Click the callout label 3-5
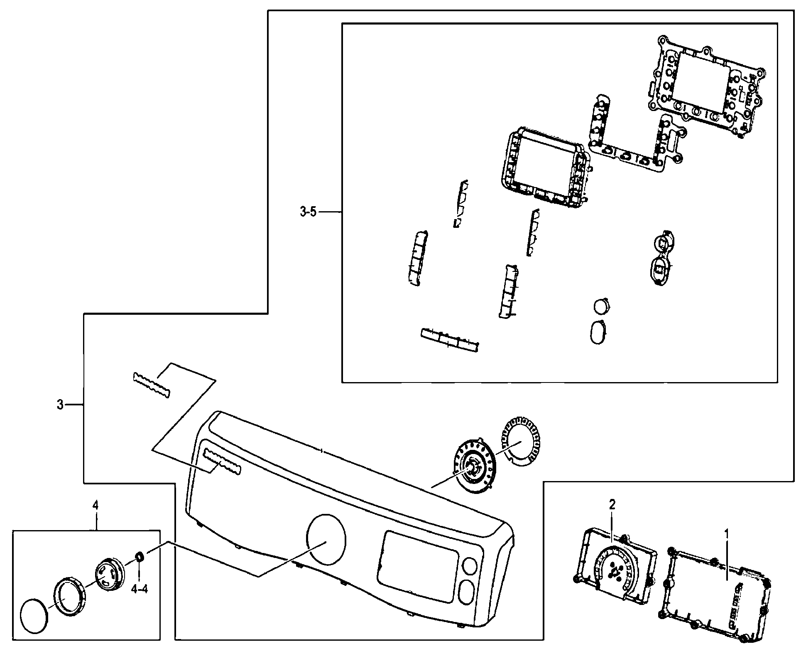[x=308, y=212]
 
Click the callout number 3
[x=60, y=404]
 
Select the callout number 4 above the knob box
[x=96, y=505]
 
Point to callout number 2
[x=612, y=505]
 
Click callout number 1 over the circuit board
[x=726, y=532]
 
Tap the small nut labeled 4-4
[x=140, y=555]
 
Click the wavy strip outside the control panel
[x=151, y=385]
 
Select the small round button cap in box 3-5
[x=602, y=307]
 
